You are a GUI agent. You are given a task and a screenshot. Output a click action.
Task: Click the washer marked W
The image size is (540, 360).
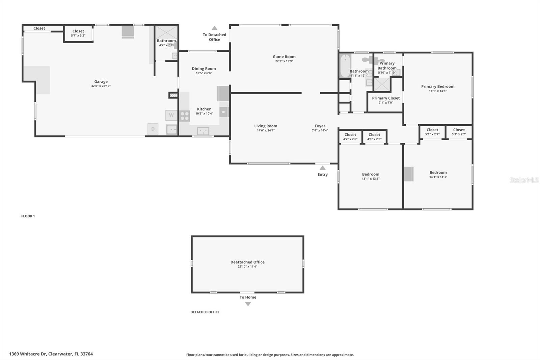pos(171,115)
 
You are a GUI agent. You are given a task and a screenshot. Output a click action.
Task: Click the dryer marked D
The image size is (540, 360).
pos(153,129)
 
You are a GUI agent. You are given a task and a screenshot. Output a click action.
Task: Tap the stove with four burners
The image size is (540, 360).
pos(185,116)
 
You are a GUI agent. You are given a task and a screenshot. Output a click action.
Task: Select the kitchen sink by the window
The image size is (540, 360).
pos(203,131)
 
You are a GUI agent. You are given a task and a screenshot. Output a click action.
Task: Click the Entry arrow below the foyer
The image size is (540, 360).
pos(323,168)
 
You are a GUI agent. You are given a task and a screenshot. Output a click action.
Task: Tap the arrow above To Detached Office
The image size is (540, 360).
pos(214,28)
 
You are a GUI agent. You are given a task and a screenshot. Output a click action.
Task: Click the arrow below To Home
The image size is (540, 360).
pos(248,304)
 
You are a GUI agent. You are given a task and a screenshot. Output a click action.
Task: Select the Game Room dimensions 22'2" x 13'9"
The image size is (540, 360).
pos(284,61)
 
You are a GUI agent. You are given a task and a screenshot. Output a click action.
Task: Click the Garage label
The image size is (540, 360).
pos(101,81)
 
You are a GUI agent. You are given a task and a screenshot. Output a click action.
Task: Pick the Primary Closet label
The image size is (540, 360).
pos(386,98)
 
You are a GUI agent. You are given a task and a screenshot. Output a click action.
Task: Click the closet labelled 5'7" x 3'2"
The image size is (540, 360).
pos(78,33)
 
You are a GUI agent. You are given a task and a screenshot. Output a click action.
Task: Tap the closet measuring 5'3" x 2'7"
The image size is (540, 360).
pos(459,132)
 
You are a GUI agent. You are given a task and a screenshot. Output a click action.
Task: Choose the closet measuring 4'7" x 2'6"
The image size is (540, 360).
pos(350,137)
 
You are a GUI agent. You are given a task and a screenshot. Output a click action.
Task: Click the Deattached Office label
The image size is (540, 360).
pos(247,262)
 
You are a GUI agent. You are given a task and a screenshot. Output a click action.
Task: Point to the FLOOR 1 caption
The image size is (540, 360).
pos(28,216)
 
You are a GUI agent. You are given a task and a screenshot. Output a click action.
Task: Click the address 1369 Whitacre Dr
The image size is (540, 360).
pos(51,354)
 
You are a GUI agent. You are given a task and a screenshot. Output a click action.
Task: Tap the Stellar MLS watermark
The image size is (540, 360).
pos(524,180)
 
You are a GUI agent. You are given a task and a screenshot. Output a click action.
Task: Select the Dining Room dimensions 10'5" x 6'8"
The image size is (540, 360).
pos(204,73)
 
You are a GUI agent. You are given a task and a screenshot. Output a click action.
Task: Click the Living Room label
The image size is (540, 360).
pos(266,126)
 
